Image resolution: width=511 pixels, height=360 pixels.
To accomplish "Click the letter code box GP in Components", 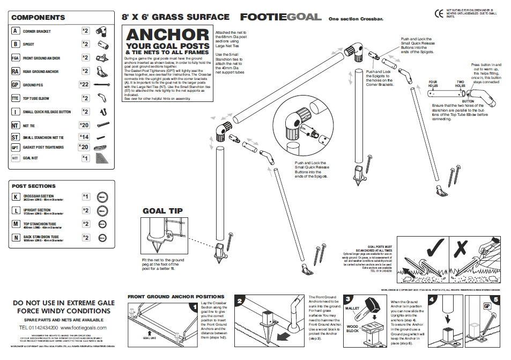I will (16, 85).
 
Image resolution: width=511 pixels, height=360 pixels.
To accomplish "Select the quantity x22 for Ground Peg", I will (84, 85).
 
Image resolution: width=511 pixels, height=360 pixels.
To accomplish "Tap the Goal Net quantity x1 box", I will (85, 158).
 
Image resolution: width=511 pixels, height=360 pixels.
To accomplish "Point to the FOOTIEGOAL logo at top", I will (281, 17).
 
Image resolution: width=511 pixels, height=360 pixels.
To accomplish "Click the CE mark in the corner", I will (437, 13).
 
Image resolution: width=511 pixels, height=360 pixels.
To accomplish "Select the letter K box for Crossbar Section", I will (16, 197).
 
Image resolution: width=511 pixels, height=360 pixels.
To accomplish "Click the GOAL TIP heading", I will (163, 211).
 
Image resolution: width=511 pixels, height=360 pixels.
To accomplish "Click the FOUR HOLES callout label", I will (433, 85).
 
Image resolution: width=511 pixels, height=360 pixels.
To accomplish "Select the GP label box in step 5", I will (488, 306).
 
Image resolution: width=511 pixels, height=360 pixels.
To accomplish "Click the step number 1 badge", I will (193, 307).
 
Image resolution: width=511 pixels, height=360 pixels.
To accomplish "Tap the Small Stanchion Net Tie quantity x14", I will (85, 138).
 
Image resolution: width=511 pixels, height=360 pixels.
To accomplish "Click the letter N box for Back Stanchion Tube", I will (16, 238).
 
